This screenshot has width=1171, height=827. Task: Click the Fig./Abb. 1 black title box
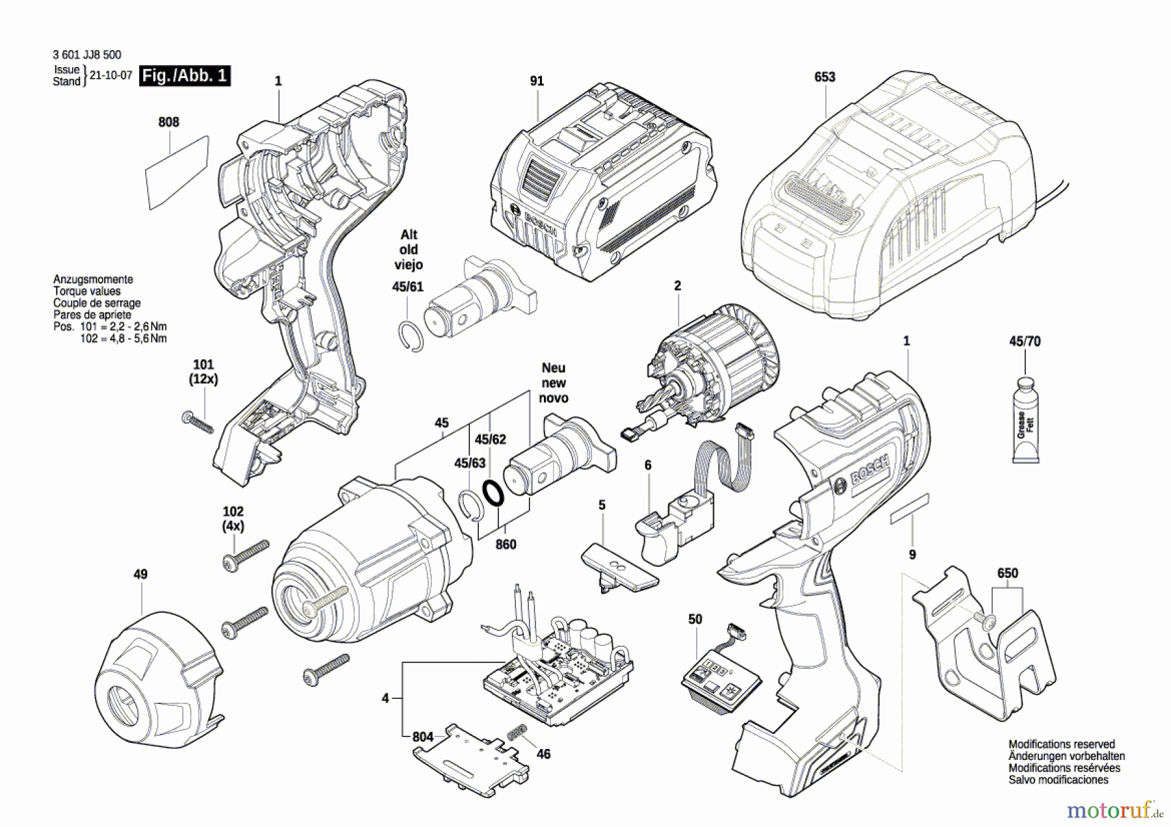click(185, 75)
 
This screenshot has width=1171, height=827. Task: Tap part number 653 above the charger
click(824, 77)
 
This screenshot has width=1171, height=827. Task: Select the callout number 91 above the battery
click(537, 81)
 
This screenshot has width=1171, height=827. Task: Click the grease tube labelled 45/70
click(1025, 420)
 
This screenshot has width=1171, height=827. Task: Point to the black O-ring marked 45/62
click(493, 493)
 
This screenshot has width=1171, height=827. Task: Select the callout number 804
click(423, 737)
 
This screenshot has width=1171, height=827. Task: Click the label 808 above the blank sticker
click(168, 122)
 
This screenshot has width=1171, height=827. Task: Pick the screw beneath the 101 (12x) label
click(198, 422)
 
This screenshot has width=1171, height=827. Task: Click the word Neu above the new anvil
click(554, 368)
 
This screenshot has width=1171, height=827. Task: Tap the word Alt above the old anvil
click(409, 234)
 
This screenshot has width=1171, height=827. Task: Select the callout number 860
click(505, 544)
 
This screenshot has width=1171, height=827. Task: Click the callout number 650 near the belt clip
click(1008, 573)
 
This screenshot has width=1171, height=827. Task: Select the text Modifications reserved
click(1062, 744)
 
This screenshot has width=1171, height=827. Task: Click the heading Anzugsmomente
click(93, 279)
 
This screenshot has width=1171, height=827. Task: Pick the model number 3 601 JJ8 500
click(87, 55)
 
